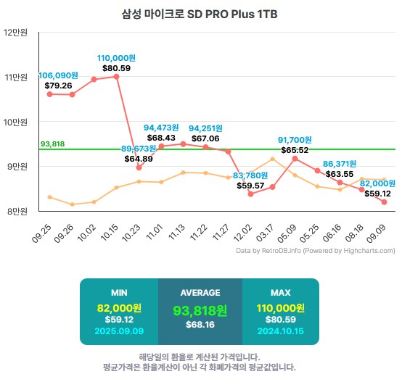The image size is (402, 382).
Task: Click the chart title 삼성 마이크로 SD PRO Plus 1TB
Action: (200, 14)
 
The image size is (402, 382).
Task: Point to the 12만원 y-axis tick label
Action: (15, 33)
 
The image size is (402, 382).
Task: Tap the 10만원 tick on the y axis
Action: (15, 122)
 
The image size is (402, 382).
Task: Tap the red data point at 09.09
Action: (384, 202)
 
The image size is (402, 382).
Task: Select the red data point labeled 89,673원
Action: (139, 167)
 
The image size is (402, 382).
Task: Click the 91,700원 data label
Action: (295, 140)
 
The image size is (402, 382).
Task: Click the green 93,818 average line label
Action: (53, 144)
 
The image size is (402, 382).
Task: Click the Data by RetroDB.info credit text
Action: (316, 251)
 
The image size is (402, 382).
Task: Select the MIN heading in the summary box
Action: (120, 293)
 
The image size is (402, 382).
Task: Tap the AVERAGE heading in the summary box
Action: (200, 293)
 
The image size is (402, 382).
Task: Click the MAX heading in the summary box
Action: (280, 293)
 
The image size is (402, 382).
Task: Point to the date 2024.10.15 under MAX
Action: (280, 331)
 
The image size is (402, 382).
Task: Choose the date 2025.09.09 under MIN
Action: (120, 331)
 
